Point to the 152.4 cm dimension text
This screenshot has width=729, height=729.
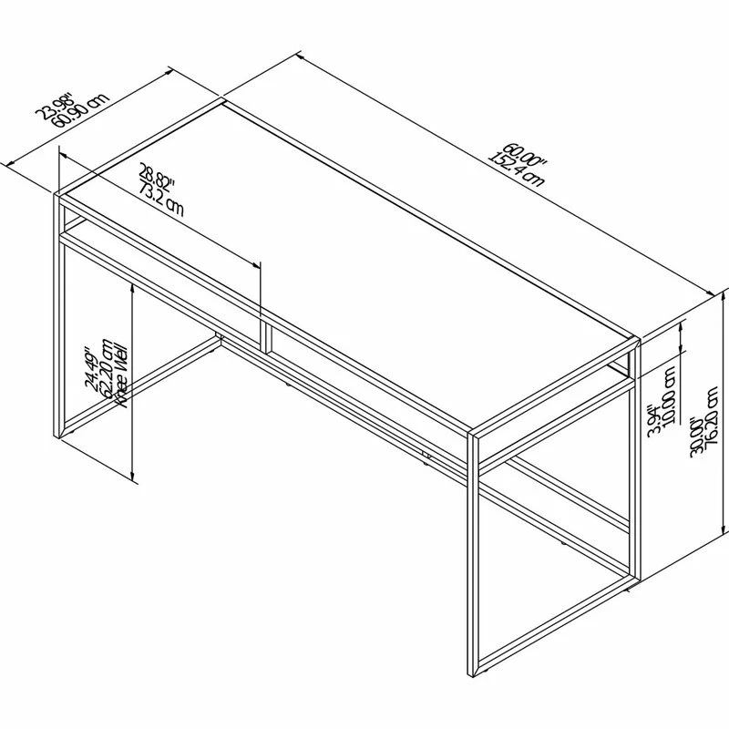(x=516, y=168)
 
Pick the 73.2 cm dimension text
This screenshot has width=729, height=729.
(x=161, y=194)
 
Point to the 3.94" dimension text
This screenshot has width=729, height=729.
(x=652, y=419)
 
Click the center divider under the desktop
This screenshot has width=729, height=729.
(x=262, y=334)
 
